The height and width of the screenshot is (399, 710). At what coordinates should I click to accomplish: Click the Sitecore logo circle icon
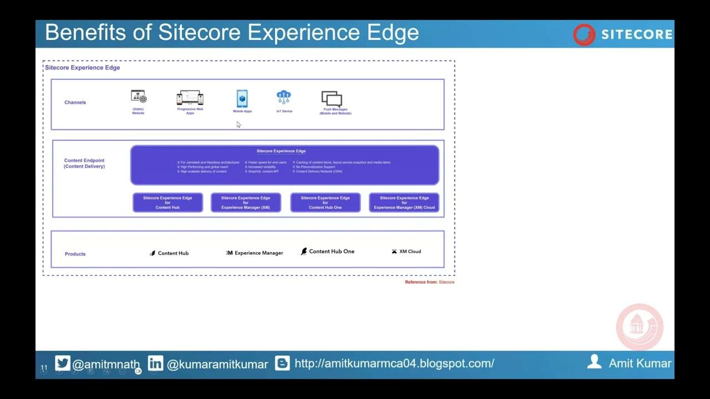pyautogui.click(x=584, y=34)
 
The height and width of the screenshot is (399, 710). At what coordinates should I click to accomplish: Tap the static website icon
pyautogui.click(x=139, y=96)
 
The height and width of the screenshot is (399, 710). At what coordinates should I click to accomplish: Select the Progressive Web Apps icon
pyautogui.click(x=190, y=98)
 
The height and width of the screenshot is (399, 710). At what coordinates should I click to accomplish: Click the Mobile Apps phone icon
pyautogui.click(x=242, y=99)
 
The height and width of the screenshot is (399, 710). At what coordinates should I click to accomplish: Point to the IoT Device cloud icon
pyautogui.click(x=284, y=98)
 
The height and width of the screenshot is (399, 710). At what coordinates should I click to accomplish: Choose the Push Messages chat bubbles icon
pyautogui.click(x=332, y=99)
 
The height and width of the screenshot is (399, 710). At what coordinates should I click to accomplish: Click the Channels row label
pyautogui.click(x=75, y=103)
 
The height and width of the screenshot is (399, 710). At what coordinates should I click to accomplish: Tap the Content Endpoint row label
pyautogui.click(x=84, y=163)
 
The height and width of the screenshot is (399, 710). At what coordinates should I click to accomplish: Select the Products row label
pyautogui.click(x=75, y=254)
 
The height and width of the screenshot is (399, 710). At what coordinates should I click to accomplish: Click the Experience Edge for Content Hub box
pyautogui.click(x=168, y=202)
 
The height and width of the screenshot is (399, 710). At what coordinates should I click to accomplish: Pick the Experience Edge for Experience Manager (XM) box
pyautogui.click(x=246, y=202)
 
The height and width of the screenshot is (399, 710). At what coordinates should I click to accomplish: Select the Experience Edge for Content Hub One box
pyautogui.click(x=325, y=202)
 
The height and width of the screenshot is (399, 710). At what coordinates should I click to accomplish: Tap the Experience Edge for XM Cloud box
pyautogui.click(x=404, y=202)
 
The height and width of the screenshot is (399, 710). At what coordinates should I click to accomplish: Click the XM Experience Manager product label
pyautogui.click(x=255, y=253)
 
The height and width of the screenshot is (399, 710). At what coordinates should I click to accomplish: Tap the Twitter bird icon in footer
pyautogui.click(x=63, y=363)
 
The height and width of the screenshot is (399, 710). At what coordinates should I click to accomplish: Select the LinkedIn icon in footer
pyautogui.click(x=155, y=363)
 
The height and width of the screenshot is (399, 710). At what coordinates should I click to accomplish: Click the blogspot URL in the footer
pyautogui.click(x=394, y=364)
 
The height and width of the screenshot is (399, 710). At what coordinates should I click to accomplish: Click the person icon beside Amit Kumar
pyautogui.click(x=594, y=362)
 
